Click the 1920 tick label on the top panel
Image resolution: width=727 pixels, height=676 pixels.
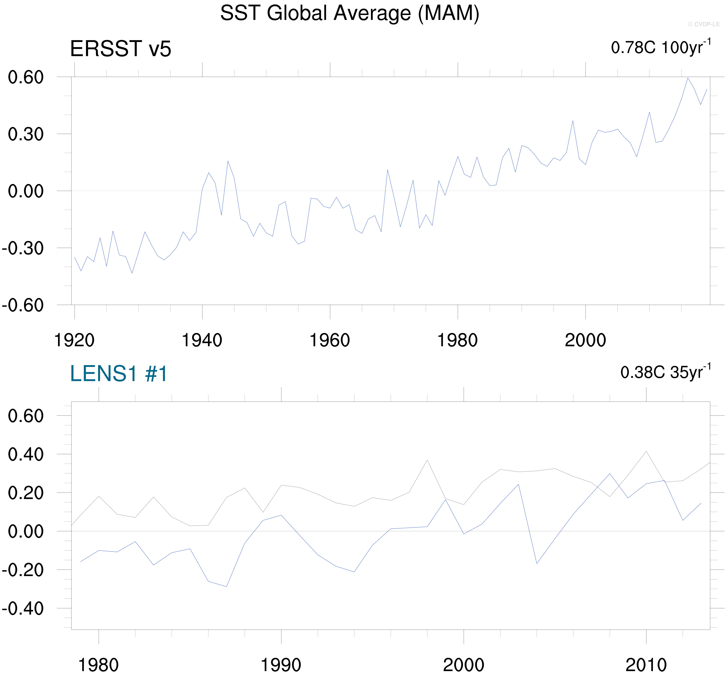[x=74, y=340]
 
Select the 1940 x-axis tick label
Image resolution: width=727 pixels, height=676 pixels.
[x=202, y=340]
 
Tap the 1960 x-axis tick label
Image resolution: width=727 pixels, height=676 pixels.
[x=329, y=340]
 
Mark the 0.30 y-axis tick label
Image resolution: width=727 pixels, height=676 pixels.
[x=26, y=134]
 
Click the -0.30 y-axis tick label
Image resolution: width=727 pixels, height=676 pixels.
[x=23, y=248]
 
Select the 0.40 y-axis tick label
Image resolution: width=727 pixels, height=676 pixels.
[x=26, y=454]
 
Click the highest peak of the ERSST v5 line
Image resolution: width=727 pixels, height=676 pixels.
[x=688, y=78]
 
